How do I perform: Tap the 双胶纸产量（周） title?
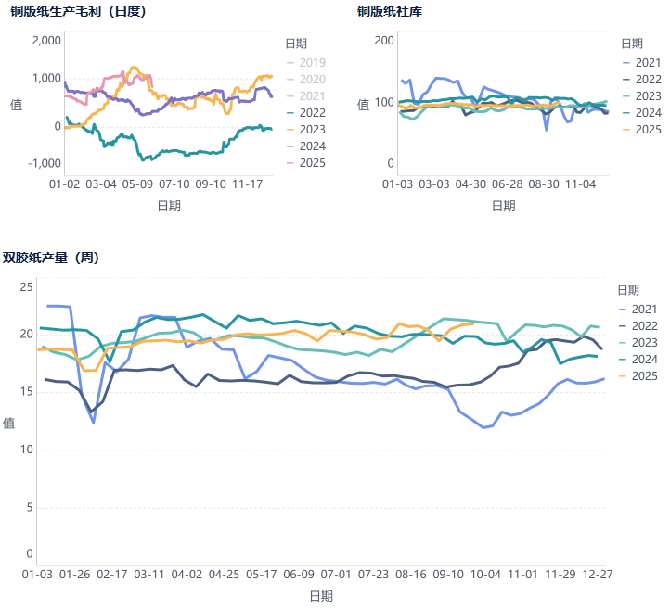51,258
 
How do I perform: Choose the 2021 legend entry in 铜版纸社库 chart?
641,62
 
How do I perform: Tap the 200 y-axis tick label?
384,41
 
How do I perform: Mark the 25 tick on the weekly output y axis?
26,287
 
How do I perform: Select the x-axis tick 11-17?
251,184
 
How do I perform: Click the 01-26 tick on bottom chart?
75,575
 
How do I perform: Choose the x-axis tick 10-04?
484,575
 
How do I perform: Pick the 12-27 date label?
597,575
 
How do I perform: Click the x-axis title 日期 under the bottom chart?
321,596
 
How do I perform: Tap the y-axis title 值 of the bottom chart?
8,424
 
